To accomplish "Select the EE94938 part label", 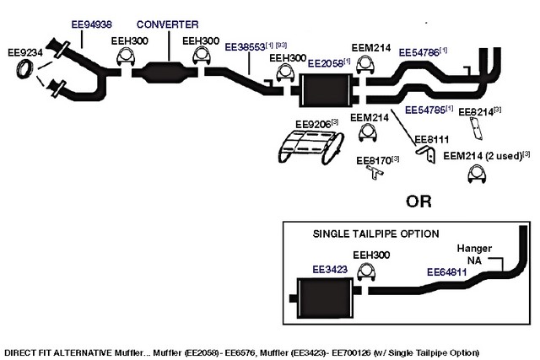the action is (92, 24).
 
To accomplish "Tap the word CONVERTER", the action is (167, 24).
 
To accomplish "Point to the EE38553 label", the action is (245, 47).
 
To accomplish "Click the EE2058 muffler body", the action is (325, 90).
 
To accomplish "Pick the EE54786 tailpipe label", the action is (418, 52).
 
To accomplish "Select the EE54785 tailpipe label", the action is (425, 110).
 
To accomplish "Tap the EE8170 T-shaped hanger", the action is (375, 171).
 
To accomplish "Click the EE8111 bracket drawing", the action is (427, 153).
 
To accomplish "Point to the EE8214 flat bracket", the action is (476, 128).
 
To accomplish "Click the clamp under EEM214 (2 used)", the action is (477, 174).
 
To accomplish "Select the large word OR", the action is (418, 201).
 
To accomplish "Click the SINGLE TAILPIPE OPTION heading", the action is (375, 234).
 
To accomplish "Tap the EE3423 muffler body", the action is (325, 298).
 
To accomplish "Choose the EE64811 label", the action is (446, 272).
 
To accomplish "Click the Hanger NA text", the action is (474, 255).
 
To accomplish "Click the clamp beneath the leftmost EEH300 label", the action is (126, 57).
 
